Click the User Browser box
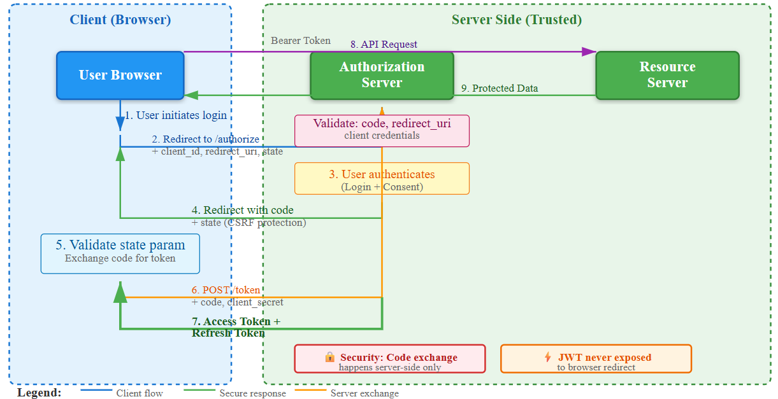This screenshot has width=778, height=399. [120, 75]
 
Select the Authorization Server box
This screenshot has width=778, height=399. [382, 75]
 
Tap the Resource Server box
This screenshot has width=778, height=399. [667, 75]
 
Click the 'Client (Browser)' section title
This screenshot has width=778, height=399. [120, 20]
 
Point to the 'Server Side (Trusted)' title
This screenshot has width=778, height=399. [517, 20]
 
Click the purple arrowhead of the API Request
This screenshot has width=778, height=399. [589, 52]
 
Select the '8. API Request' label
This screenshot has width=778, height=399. [384, 45]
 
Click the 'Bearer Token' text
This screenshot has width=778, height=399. [301, 41]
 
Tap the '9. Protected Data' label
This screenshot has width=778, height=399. [500, 88]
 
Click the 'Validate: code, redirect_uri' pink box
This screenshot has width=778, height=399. [382, 130]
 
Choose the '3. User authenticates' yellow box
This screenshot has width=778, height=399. [382, 178]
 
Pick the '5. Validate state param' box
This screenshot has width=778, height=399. [120, 253]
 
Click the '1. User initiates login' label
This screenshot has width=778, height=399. [175, 115]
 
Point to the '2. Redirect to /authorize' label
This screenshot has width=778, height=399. [205, 139]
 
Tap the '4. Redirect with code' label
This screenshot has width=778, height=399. [243, 210]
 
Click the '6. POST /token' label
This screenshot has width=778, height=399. [226, 290]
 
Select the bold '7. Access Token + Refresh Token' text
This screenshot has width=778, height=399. [236, 327]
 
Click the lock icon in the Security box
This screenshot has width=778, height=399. [330, 357]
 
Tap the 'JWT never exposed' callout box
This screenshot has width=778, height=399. [596, 359]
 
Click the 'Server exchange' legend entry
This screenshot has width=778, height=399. [364, 393]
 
